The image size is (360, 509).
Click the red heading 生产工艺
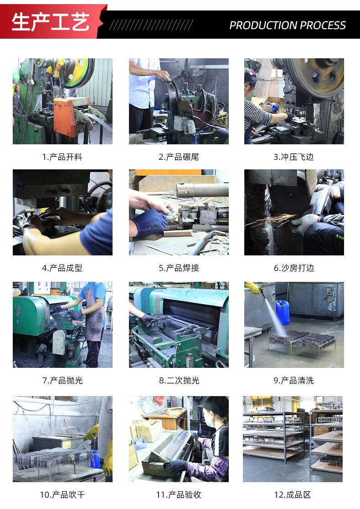[x=50, y=22]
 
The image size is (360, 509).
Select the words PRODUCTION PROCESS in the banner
[x=287, y=25]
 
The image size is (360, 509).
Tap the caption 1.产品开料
[x=62, y=157]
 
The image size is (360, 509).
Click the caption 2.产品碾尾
[x=179, y=157]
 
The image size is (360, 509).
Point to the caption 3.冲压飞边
[x=294, y=157]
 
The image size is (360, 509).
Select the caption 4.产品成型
[x=62, y=268]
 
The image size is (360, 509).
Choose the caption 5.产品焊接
[x=179, y=268]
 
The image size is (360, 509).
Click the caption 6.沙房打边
[x=294, y=268]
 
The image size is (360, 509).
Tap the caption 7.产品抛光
[x=62, y=380]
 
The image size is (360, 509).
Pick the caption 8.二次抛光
[x=179, y=380]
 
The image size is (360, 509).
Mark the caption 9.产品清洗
[x=294, y=380]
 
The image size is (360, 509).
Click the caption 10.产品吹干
[x=62, y=494]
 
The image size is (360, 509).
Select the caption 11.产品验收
[x=179, y=494]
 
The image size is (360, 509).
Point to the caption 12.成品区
[x=294, y=494]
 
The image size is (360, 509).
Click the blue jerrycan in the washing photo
[x=283, y=312]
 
